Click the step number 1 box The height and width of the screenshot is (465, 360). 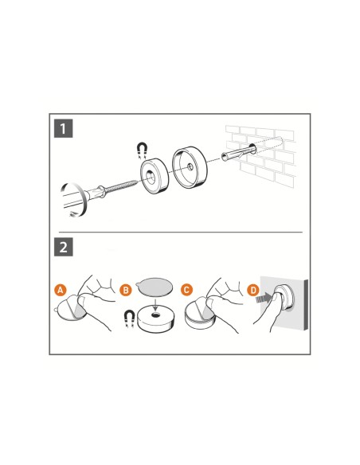click(x=63, y=128)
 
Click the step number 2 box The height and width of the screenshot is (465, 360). click(x=63, y=247)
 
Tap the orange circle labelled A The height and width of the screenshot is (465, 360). click(x=61, y=290)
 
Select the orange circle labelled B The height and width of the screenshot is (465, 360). click(x=125, y=290)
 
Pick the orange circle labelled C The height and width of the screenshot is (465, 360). click(x=186, y=290)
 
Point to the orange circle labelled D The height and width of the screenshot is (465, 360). click(x=253, y=290)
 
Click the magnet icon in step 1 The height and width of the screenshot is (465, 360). click(x=143, y=150)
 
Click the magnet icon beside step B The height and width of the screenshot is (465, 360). click(x=130, y=318)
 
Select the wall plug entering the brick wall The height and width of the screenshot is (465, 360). click(x=237, y=154)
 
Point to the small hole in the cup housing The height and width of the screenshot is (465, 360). click(x=189, y=167)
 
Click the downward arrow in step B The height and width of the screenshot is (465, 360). click(x=155, y=303)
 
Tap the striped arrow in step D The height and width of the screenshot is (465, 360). click(x=264, y=298)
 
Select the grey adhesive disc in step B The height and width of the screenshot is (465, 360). click(x=155, y=286)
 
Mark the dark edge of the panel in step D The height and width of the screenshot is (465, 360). click(x=306, y=305)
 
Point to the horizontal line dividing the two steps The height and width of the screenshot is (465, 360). click(x=181, y=232)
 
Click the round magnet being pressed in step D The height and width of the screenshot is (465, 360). click(x=284, y=296)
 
